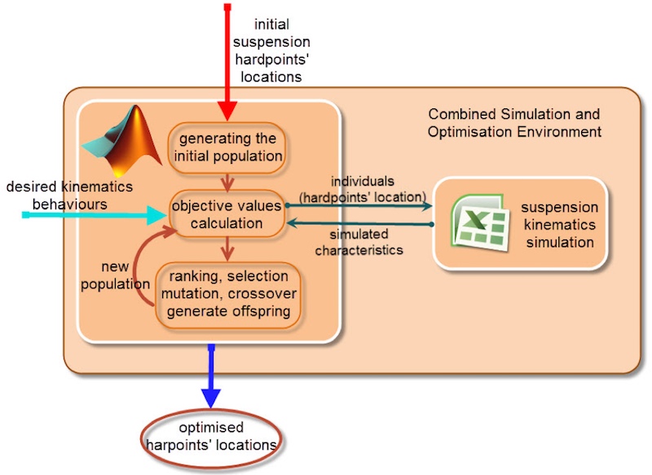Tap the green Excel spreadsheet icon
click(x=480, y=222)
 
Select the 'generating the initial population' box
click(x=227, y=147)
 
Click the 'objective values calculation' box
click(x=227, y=214)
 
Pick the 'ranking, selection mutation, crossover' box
click(x=228, y=295)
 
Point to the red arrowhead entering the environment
click(x=227, y=111)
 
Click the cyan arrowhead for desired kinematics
click(x=157, y=215)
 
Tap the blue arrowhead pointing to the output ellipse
click(x=211, y=398)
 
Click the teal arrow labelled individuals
click(x=359, y=205)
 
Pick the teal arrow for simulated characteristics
click(x=360, y=223)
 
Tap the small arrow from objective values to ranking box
click(x=227, y=249)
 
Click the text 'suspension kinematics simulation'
click(x=560, y=224)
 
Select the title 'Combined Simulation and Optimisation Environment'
click(x=514, y=122)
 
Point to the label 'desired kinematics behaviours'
click(x=69, y=196)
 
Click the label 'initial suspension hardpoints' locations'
click(x=271, y=51)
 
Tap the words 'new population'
click(x=115, y=275)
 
